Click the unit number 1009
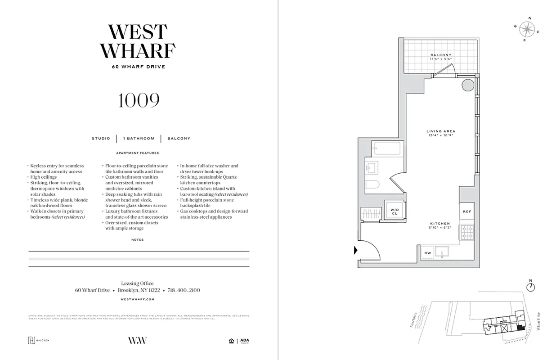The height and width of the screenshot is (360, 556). click(x=139, y=101)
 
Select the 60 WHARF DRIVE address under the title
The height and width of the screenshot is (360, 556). click(x=139, y=67)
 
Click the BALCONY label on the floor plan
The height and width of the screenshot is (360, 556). click(x=440, y=55)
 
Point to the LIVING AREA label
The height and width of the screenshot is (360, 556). click(x=440, y=131)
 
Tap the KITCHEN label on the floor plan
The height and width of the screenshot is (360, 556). click(x=439, y=223)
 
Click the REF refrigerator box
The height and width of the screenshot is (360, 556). click(x=466, y=211)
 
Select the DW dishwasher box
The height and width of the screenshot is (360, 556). click(x=427, y=253)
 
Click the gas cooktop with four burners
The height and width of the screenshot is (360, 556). click(x=466, y=232)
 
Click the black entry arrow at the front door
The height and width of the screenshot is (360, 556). click(x=356, y=251)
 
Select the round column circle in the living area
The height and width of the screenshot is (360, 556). click(x=466, y=85)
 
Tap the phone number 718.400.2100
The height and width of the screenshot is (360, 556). click(x=184, y=290)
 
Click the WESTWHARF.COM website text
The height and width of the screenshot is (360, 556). click(x=138, y=299)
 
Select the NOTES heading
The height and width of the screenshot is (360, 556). click(x=138, y=240)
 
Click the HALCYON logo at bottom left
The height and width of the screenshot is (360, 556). click(x=39, y=340)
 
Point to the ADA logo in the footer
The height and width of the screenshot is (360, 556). click(x=244, y=341)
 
